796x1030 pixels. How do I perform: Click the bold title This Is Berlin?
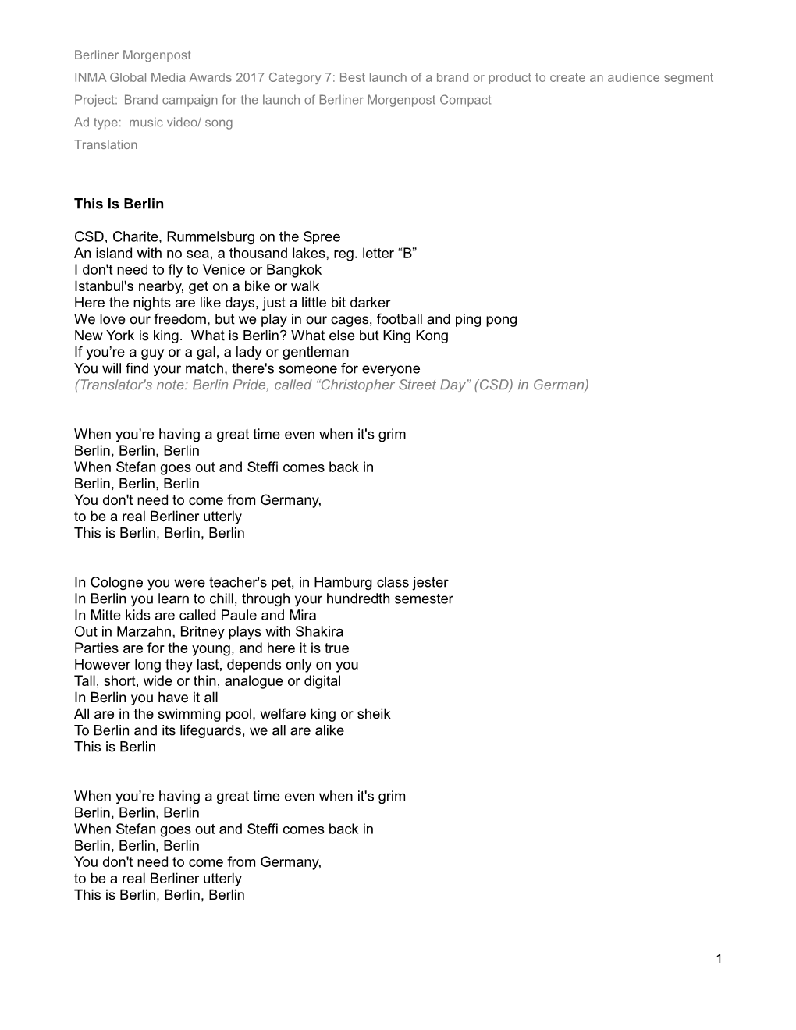119,204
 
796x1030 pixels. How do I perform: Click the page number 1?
718,958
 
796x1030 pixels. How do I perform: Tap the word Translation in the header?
105,144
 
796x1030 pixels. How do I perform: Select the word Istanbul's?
106,286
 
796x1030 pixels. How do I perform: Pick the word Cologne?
115,582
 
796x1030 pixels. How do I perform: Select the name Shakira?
318,631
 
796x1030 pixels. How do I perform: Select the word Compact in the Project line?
465,100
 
